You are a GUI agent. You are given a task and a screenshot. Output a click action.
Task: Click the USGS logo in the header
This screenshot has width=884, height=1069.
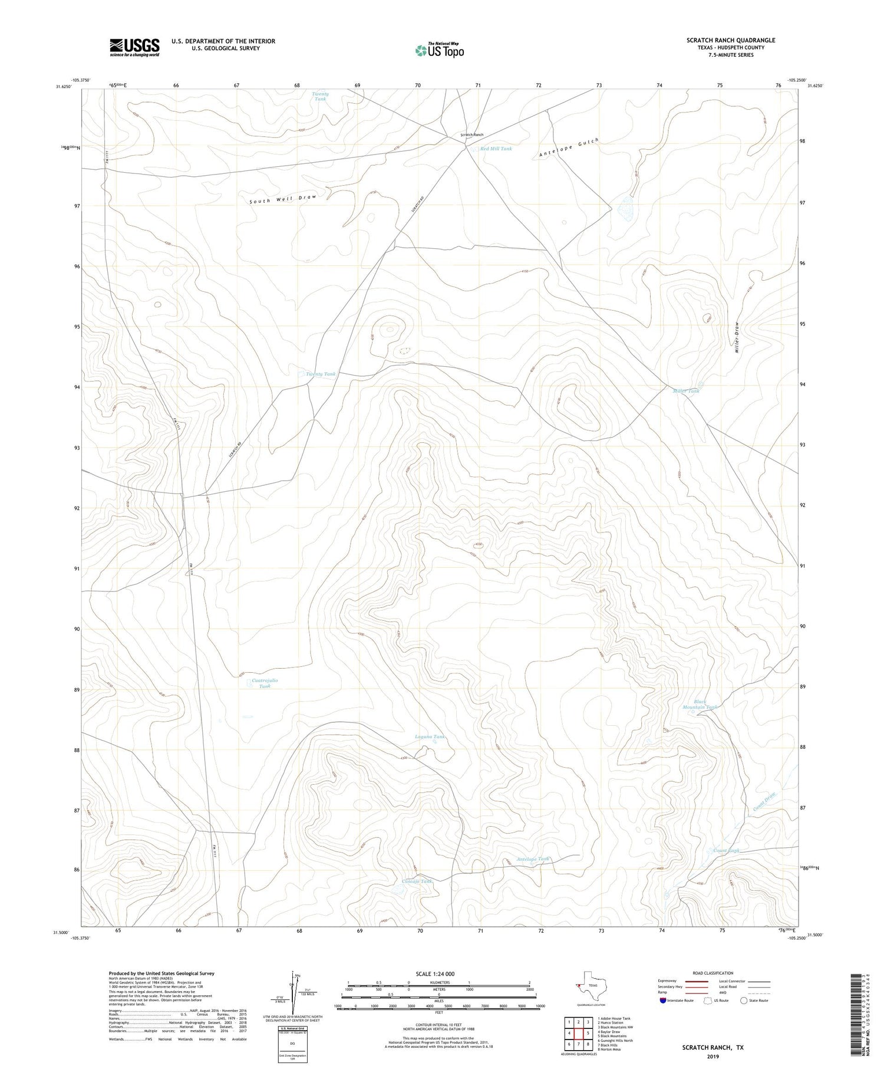click(134, 47)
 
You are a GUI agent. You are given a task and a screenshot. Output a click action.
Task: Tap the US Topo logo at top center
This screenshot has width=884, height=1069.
click(439, 51)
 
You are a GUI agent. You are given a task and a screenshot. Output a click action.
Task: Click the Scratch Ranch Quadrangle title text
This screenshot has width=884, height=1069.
click(730, 40)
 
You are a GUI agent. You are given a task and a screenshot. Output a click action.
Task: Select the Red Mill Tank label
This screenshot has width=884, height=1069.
click(496, 149)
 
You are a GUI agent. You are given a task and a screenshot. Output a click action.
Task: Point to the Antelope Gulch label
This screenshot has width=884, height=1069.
click(569, 147)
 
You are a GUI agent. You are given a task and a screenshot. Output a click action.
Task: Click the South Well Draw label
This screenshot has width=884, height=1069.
click(282, 199)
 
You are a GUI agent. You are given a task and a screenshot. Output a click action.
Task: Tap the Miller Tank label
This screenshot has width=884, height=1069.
click(686, 391)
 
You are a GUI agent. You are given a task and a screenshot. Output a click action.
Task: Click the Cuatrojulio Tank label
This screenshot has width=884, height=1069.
click(265, 683)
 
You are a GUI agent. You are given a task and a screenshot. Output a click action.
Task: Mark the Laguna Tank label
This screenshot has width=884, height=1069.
click(430, 736)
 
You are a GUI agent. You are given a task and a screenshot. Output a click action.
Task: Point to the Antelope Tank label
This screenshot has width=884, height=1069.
click(533, 859)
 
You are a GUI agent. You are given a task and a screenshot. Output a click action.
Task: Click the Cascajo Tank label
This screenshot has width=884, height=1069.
click(417, 881)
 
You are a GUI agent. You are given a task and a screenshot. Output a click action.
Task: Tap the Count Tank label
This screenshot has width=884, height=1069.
click(725, 850)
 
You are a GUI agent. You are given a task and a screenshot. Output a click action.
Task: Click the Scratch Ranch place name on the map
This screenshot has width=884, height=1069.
click(471, 135)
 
